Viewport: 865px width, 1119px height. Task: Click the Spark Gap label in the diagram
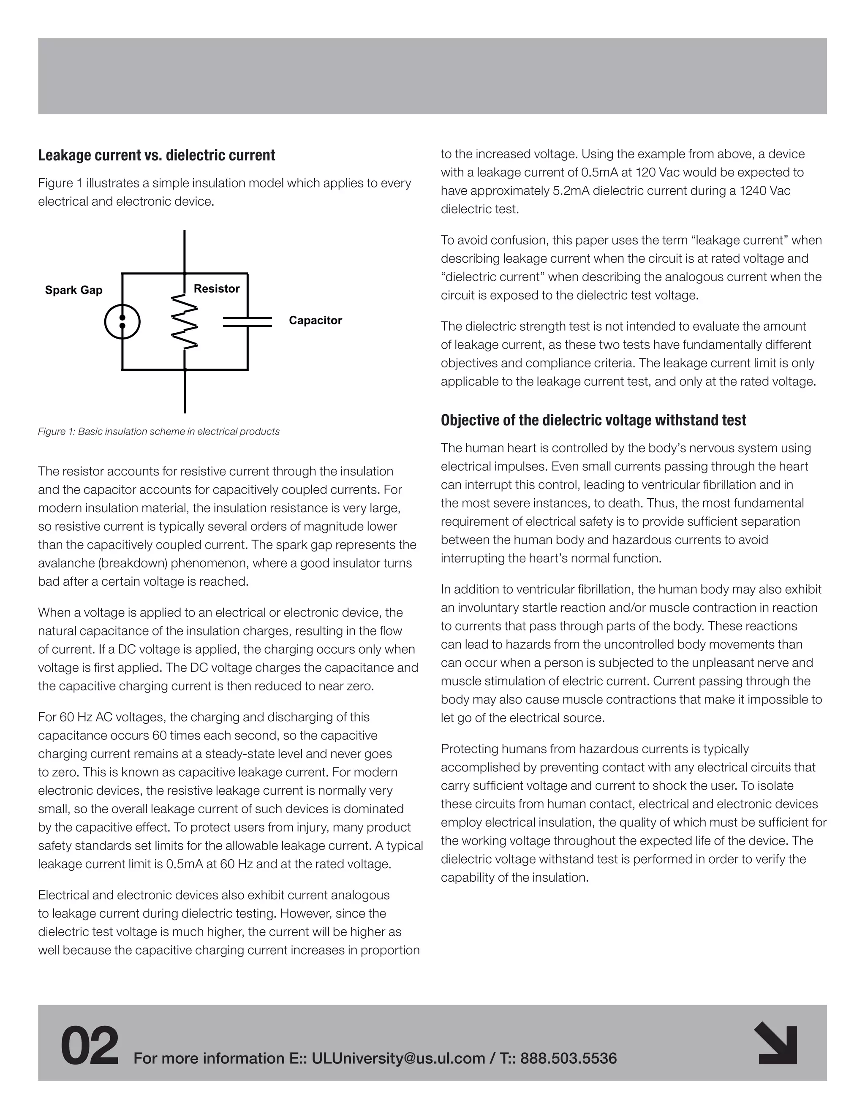(x=74, y=290)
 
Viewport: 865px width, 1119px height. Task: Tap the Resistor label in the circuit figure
(x=216, y=288)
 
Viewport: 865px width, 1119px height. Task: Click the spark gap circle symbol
(x=122, y=322)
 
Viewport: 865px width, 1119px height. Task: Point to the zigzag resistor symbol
(x=185, y=322)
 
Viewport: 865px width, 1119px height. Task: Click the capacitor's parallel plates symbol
(x=248, y=322)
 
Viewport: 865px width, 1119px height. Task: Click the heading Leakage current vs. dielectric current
(x=156, y=155)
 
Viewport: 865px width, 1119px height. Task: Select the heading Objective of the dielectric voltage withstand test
(x=593, y=420)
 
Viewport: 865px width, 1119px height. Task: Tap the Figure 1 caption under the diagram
(x=159, y=432)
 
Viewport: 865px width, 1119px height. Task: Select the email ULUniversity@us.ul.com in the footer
(x=398, y=1058)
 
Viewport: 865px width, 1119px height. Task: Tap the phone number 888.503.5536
(x=569, y=1058)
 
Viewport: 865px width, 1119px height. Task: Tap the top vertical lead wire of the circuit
(x=185, y=251)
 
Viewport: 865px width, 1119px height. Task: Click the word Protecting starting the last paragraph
(x=469, y=749)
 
